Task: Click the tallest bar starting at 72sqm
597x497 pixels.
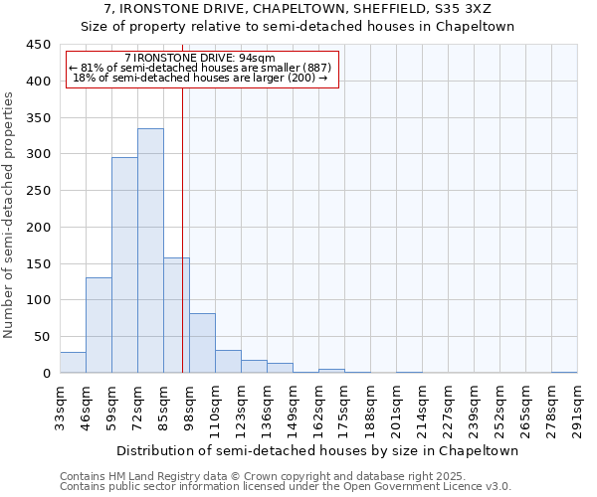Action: click(150, 250)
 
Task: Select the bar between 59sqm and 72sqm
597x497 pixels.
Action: click(124, 264)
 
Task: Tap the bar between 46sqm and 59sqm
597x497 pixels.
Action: click(99, 325)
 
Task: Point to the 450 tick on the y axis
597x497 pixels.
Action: click(39, 45)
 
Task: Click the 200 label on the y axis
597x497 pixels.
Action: click(39, 228)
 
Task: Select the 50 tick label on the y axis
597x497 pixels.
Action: click(43, 337)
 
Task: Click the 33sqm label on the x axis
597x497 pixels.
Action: click(60, 407)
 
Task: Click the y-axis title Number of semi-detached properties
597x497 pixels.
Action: click(10, 215)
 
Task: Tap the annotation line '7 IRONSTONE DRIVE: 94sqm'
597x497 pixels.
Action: click(206, 59)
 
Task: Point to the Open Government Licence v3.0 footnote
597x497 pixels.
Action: click(286, 487)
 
